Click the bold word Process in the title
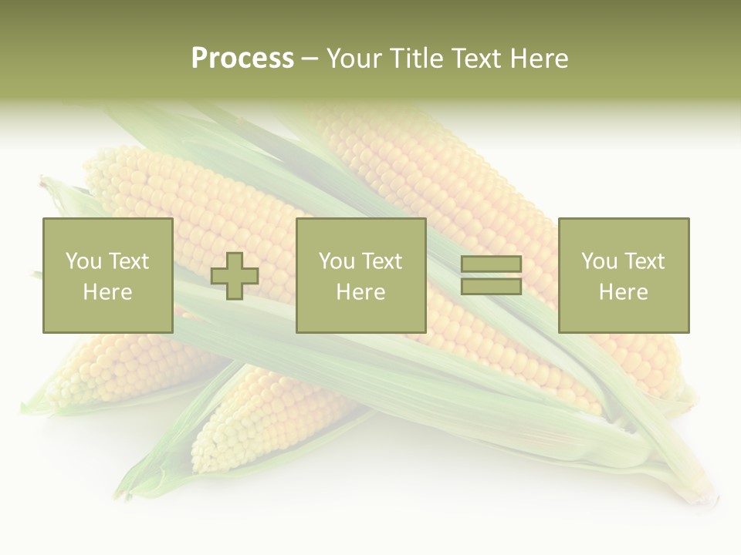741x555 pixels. [x=242, y=58]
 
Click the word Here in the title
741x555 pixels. [x=540, y=58]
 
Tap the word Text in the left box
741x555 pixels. [x=128, y=261]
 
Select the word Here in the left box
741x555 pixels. [x=107, y=292]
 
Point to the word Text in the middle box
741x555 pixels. [x=382, y=261]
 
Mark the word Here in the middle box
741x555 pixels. [x=360, y=292]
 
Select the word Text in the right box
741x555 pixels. [x=645, y=261]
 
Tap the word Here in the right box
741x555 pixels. [x=623, y=292]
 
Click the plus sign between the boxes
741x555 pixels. [x=235, y=276]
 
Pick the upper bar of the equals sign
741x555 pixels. [x=491, y=264]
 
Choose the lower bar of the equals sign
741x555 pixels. [x=491, y=287]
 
